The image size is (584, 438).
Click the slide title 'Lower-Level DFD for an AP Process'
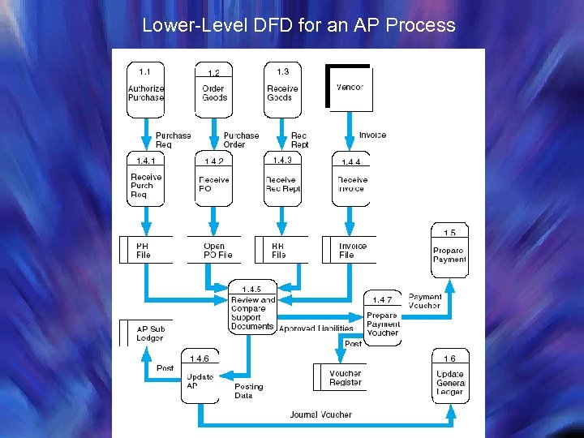click(298, 24)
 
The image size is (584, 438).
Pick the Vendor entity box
click(350, 87)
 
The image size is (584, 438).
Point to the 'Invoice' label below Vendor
click(372, 135)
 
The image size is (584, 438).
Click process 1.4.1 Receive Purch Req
click(146, 180)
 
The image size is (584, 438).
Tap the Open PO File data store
click(217, 250)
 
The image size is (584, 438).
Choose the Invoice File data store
click(351, 250)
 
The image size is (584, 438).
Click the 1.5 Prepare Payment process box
click(449, 251)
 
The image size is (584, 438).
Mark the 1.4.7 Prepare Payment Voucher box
click(382, 318)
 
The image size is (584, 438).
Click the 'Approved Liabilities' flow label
click(316, 328)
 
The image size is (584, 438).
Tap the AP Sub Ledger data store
click(148, 333)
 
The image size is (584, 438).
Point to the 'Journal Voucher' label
click(321, 414)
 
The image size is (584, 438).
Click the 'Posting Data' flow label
click(248, 391)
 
